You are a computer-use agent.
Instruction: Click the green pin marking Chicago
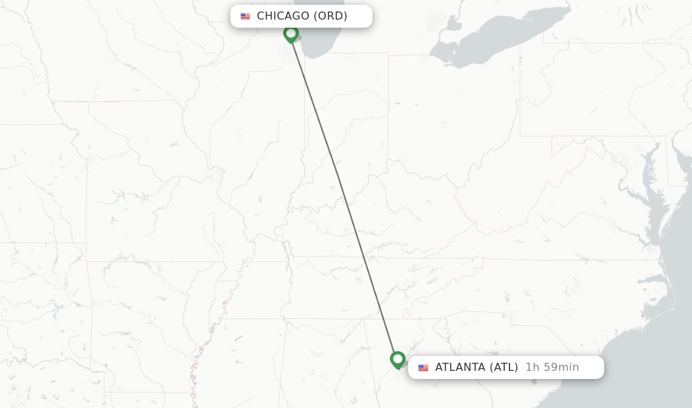coord(291,33)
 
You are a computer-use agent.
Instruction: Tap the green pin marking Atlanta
coord(398,359)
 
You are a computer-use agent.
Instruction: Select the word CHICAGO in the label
coord(283,16)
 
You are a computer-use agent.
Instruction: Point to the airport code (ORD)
coord(330,16)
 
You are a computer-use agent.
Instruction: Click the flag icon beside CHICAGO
coord(245,16)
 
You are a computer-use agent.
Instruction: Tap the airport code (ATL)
coord(504,367)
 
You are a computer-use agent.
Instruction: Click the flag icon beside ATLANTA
coord(423,367)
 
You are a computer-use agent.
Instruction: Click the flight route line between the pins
coord(345,196)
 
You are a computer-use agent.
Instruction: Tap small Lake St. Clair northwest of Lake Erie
coord(452,25)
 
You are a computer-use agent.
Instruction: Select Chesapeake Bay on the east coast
coord(647,196)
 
